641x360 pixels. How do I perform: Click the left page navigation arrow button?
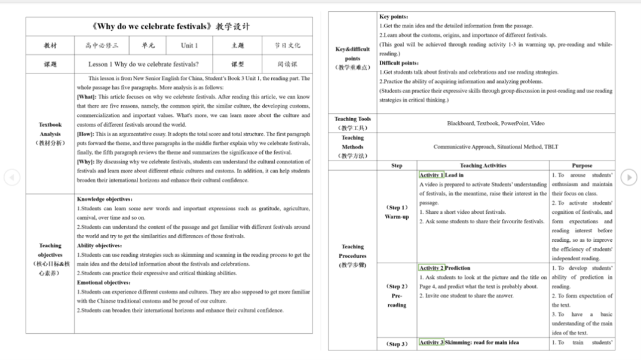12,177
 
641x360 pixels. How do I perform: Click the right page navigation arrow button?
628,177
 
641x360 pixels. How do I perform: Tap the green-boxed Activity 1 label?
431,175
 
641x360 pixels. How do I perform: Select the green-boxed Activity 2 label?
431,268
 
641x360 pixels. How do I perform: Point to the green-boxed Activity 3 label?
431,343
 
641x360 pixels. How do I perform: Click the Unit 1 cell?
189,45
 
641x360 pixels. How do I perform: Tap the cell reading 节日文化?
287,45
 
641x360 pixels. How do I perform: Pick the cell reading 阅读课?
287,64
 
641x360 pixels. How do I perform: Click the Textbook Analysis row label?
50,134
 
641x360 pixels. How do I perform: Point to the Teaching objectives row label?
50,254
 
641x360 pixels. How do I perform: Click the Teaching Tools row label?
352,123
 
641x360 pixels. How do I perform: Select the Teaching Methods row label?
352,146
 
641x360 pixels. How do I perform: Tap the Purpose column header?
582,165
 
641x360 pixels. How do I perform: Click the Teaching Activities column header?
483,165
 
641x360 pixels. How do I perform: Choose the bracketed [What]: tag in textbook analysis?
87,97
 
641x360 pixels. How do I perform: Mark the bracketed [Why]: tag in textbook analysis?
86,162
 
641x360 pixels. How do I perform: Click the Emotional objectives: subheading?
105,282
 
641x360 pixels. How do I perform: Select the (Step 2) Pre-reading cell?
397,296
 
